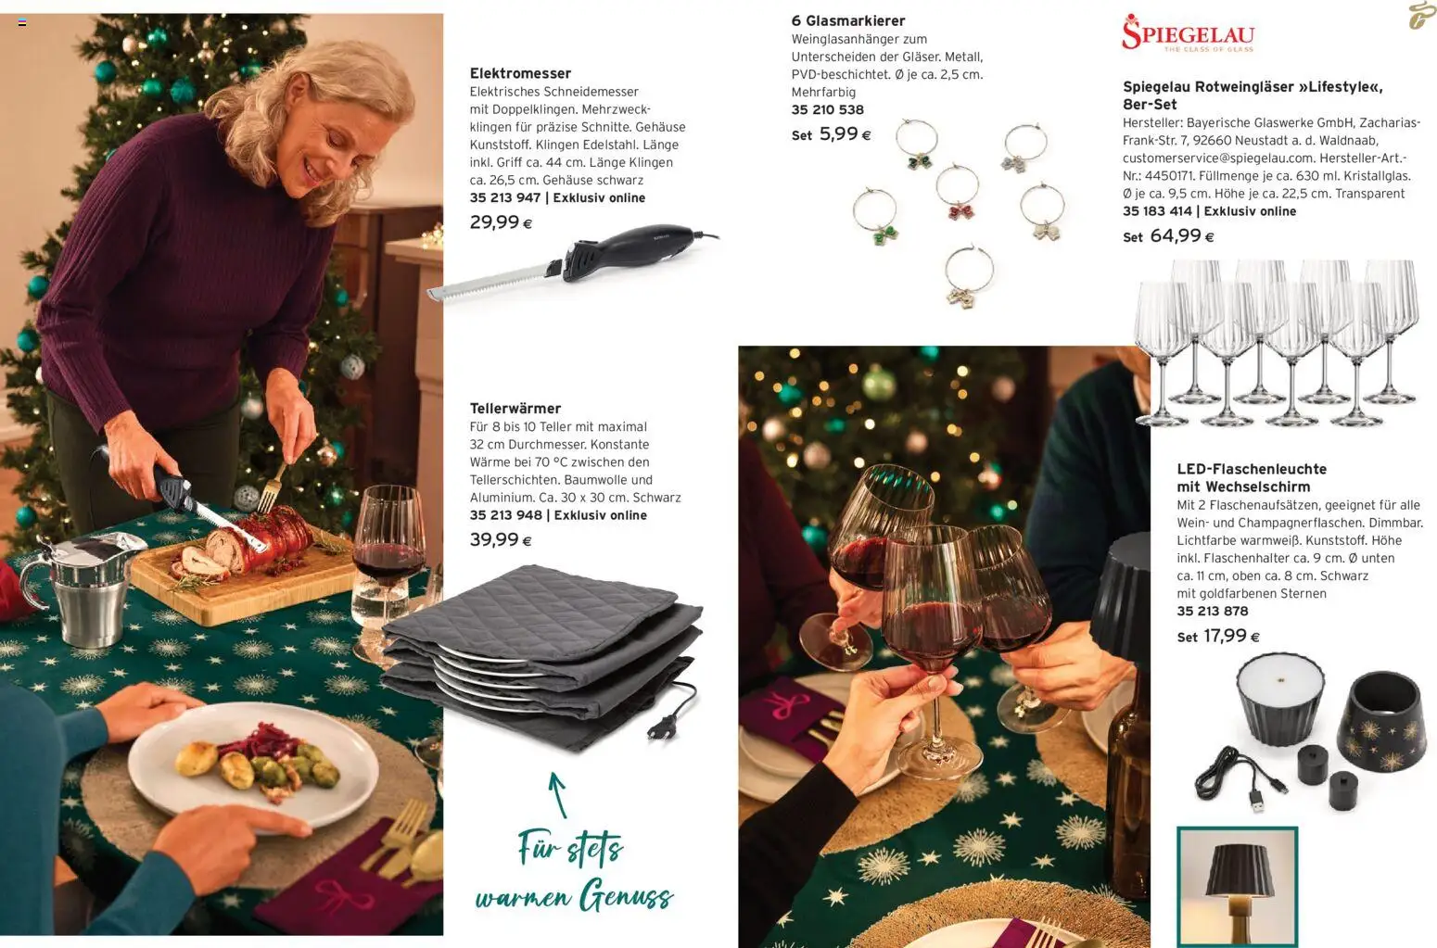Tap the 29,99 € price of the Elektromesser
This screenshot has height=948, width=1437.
pyautogui.click(x=501, y=222)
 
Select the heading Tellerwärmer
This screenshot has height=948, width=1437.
pyautogui.click(x=515, y=408)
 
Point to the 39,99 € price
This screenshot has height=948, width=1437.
pyautogui.click(x=501, y=540)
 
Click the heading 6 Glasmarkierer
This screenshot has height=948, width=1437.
pyautogui.click(x=847, y=20)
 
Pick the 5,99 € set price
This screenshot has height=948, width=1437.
pyautogui.click(x=845, y=134)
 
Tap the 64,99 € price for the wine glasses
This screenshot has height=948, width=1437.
pyautogui.click(x=1181, y=236)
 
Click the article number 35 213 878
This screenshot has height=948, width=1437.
pyautogui.click(x=1212, y=611)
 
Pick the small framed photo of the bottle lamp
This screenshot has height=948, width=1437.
pyautogui.click(x=1237, y=886)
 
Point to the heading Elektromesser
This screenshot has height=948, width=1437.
pyautogui.click(x=520, y=73)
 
